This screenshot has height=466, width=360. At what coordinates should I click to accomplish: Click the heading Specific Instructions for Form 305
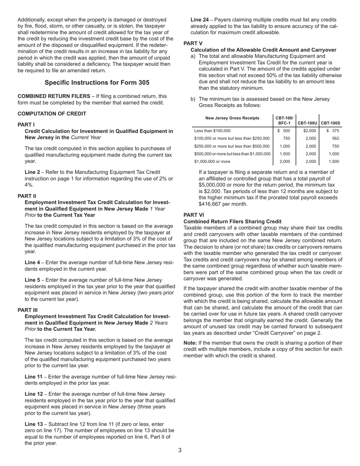(97, 83)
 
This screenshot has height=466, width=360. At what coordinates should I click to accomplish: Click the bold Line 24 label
(201, 20)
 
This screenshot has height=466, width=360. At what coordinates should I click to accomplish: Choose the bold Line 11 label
(34, 377)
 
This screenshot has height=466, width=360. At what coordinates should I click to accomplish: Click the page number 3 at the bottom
(180, 450)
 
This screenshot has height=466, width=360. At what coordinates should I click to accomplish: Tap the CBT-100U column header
(307, 123)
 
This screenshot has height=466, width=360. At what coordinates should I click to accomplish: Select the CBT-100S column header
(330, 123)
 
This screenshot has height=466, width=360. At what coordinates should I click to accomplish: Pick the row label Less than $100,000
(212, 131)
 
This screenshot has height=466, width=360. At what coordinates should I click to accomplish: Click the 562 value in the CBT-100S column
(335, 138)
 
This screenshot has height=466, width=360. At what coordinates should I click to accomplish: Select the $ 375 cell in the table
(333, 131)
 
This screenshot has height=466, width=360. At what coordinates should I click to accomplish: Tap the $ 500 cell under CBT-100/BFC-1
(284, 131)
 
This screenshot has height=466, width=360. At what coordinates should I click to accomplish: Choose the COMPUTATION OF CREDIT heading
(52, 114)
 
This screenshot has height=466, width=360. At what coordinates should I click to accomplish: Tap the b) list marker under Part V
(193, 99)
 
